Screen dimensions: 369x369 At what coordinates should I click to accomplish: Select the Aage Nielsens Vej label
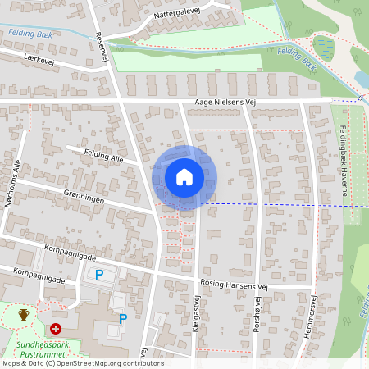tap(225, 102)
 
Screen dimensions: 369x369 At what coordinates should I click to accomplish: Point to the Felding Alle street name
tap(105, 155)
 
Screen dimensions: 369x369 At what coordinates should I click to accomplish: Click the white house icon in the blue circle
tap(184, 176)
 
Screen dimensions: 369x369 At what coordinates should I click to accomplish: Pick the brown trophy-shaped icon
tap(24, 314)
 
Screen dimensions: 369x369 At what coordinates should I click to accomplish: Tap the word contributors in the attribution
tap(143, 363)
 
